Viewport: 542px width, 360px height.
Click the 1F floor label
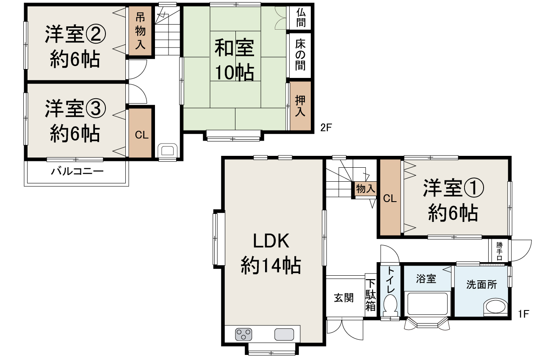(524, 314)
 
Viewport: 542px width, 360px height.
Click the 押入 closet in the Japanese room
(301, 106)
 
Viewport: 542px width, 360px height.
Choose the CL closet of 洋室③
(141, 135)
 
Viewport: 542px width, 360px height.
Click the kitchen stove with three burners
(243, 335)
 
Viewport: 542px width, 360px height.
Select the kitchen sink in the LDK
(284, 335)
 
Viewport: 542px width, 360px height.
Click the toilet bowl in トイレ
(390, 305)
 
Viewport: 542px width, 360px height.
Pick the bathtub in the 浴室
(428, 303)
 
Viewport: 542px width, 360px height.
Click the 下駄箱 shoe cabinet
(371, 295)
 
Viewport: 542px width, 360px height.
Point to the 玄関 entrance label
(344, 298)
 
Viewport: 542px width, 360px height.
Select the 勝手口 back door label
(500, 251)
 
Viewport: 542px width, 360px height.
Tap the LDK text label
(271, 241)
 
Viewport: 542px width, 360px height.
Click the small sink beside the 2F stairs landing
(168, 151)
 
